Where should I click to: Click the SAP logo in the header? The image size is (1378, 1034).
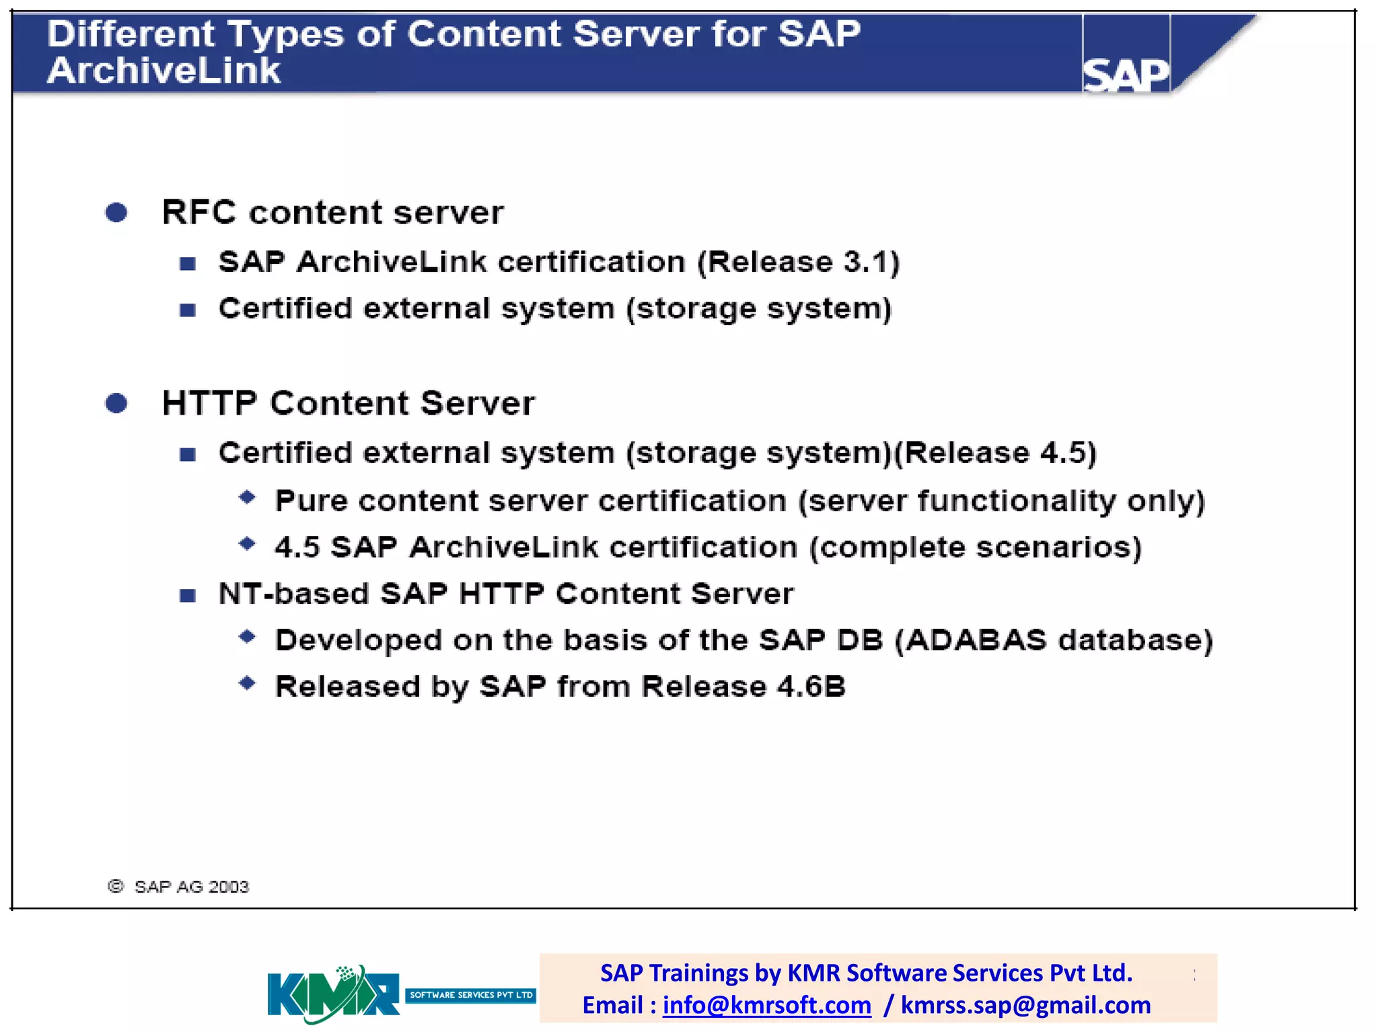pyautogui.click(x=1125, y=73)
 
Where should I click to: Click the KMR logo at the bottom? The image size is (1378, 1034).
pyautogui.click(x=333, y=994)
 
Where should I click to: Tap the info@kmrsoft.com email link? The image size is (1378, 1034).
pyautogui.click(x=766, y=1005)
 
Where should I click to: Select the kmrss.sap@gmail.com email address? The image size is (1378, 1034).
pyautogui.click(x=1025, y=1005)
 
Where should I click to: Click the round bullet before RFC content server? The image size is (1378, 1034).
pyautogui.click(x=116, y=213)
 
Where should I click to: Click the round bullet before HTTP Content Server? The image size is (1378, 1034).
pyautogui.click(x=116, y=403)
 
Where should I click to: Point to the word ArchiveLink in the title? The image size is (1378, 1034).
pyautogui.click(x=164, y=71)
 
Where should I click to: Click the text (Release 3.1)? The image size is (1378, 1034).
pyautogui.click(x=798, y=262)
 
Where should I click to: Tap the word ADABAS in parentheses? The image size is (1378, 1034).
pyautogui.click(x=976, y=640)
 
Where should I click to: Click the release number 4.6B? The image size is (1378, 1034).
pyautogui.click(x=811, y=687)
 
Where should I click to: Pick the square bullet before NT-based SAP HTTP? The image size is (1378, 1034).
pyautogui.click(x=188, y=595)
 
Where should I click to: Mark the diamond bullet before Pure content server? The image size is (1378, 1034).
pyautogui.click(x=247, y=497)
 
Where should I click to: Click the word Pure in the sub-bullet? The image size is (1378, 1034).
pyautogui.click(x=311, y=502)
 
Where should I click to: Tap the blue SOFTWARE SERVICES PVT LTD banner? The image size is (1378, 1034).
pyautogui.click(x=470, y=995)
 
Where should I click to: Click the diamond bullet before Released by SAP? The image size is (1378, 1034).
pyautogui.click(x=247, y=683)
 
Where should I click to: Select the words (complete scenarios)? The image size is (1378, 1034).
pyautogui.click(x=975, y=548)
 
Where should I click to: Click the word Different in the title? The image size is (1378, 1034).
pyautogui.click(x=131, y=34)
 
